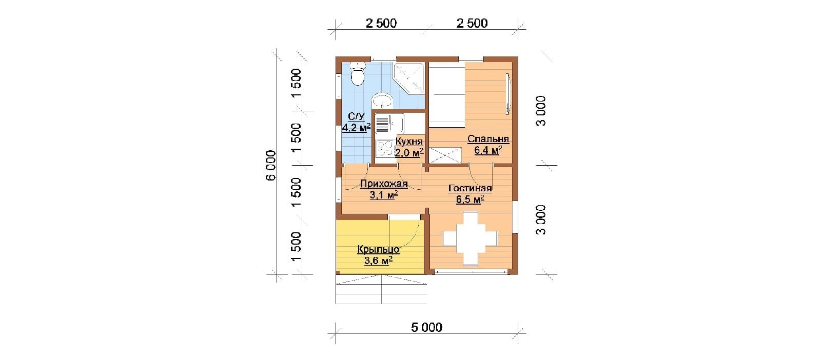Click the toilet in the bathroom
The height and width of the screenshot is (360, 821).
(357, 74)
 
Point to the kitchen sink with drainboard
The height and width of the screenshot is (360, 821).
(389, 124)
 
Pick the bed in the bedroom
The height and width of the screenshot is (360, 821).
(447, 95)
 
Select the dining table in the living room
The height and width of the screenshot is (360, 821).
(471, 238)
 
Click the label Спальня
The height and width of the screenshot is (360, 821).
(488, 139)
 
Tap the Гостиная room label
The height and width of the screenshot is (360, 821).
(470, 188)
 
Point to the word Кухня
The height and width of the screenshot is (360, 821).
(409, 142)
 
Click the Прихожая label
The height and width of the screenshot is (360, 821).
(384, 184)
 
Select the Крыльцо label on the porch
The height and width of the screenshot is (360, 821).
(378, 249)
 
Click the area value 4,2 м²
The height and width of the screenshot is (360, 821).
(356, 128)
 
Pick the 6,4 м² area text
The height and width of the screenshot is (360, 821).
(488, 150)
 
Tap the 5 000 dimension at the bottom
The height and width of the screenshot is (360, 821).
(426, 327)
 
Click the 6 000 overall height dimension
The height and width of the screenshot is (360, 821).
(270, 165)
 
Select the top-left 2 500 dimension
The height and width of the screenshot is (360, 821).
(381, 23)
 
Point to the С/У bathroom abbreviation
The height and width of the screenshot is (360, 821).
(356, 117)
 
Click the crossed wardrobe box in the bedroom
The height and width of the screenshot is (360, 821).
(445, 155)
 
